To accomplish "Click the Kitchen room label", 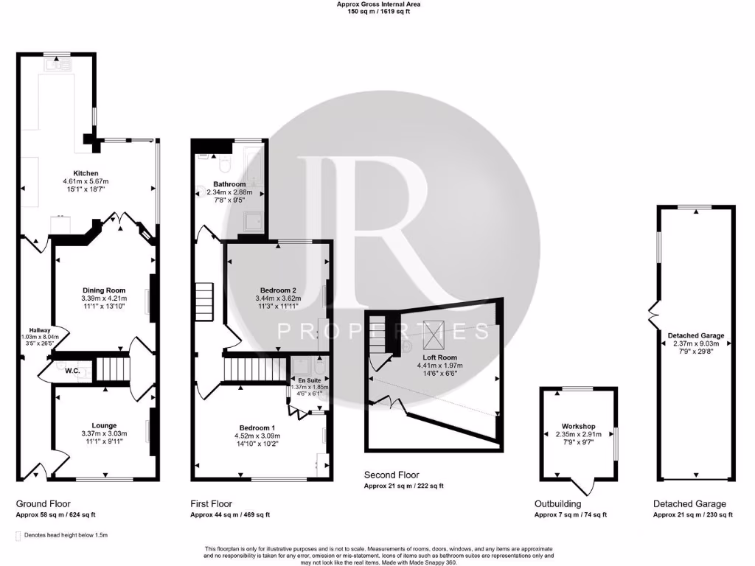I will pos(75,173).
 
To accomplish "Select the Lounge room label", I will pos(104,424).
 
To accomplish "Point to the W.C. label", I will pos(72,371).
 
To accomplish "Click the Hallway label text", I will pos(39,329).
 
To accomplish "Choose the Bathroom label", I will pos(229,184).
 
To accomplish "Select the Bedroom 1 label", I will pos(257,427).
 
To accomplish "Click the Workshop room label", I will pos(578,426).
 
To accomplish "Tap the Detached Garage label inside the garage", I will pos(696,335).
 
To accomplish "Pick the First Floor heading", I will pos(212,504).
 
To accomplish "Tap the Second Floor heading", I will pos(389,475).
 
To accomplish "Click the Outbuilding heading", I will pos(557,504).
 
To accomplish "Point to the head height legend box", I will pos(18,535).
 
